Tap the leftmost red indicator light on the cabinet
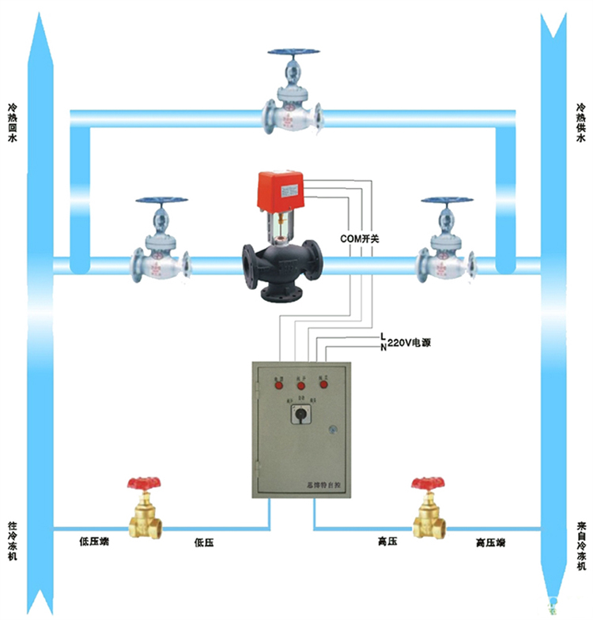click(279, 385)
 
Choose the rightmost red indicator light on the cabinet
click(323, 385)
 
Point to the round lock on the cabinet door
click(334, 430)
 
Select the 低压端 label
click(94, 543)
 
